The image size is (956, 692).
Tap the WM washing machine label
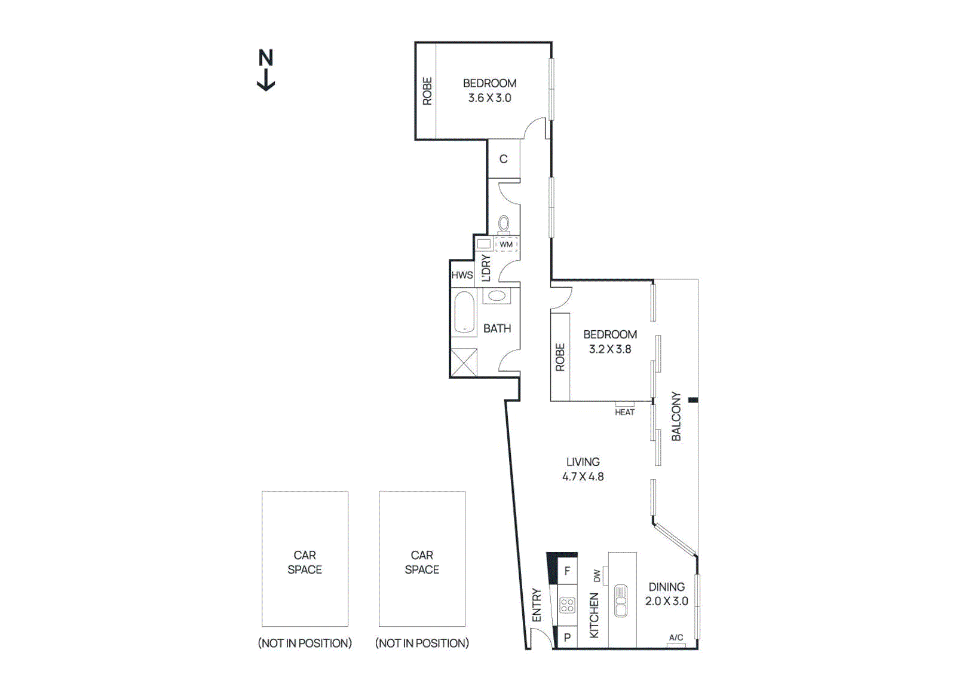tap(506, 244)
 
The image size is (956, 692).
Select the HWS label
tap(462, 275)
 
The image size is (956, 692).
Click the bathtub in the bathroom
tap(464, 312)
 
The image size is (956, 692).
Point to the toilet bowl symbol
tap(504, 224)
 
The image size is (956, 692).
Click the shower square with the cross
tap(464, 363)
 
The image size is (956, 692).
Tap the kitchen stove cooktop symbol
tap(567, 605)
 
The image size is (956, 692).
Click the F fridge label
tap(567, 571)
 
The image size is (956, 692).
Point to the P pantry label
tap(567, 638)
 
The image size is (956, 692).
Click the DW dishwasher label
tap(597, 575)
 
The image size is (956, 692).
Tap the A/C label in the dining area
tap(676, 638)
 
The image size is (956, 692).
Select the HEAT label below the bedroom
tap(624, 412)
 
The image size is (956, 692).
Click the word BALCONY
tap(676, 416)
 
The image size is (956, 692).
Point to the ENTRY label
tap(537, 605)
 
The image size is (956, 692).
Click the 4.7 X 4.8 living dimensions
tap(583, 477)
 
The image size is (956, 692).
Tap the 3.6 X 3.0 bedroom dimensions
tap(489, 98)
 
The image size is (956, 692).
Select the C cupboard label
tap(504, 159)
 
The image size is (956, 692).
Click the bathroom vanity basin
tap(497, 295)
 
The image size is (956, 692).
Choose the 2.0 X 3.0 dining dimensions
tap(666, 601)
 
